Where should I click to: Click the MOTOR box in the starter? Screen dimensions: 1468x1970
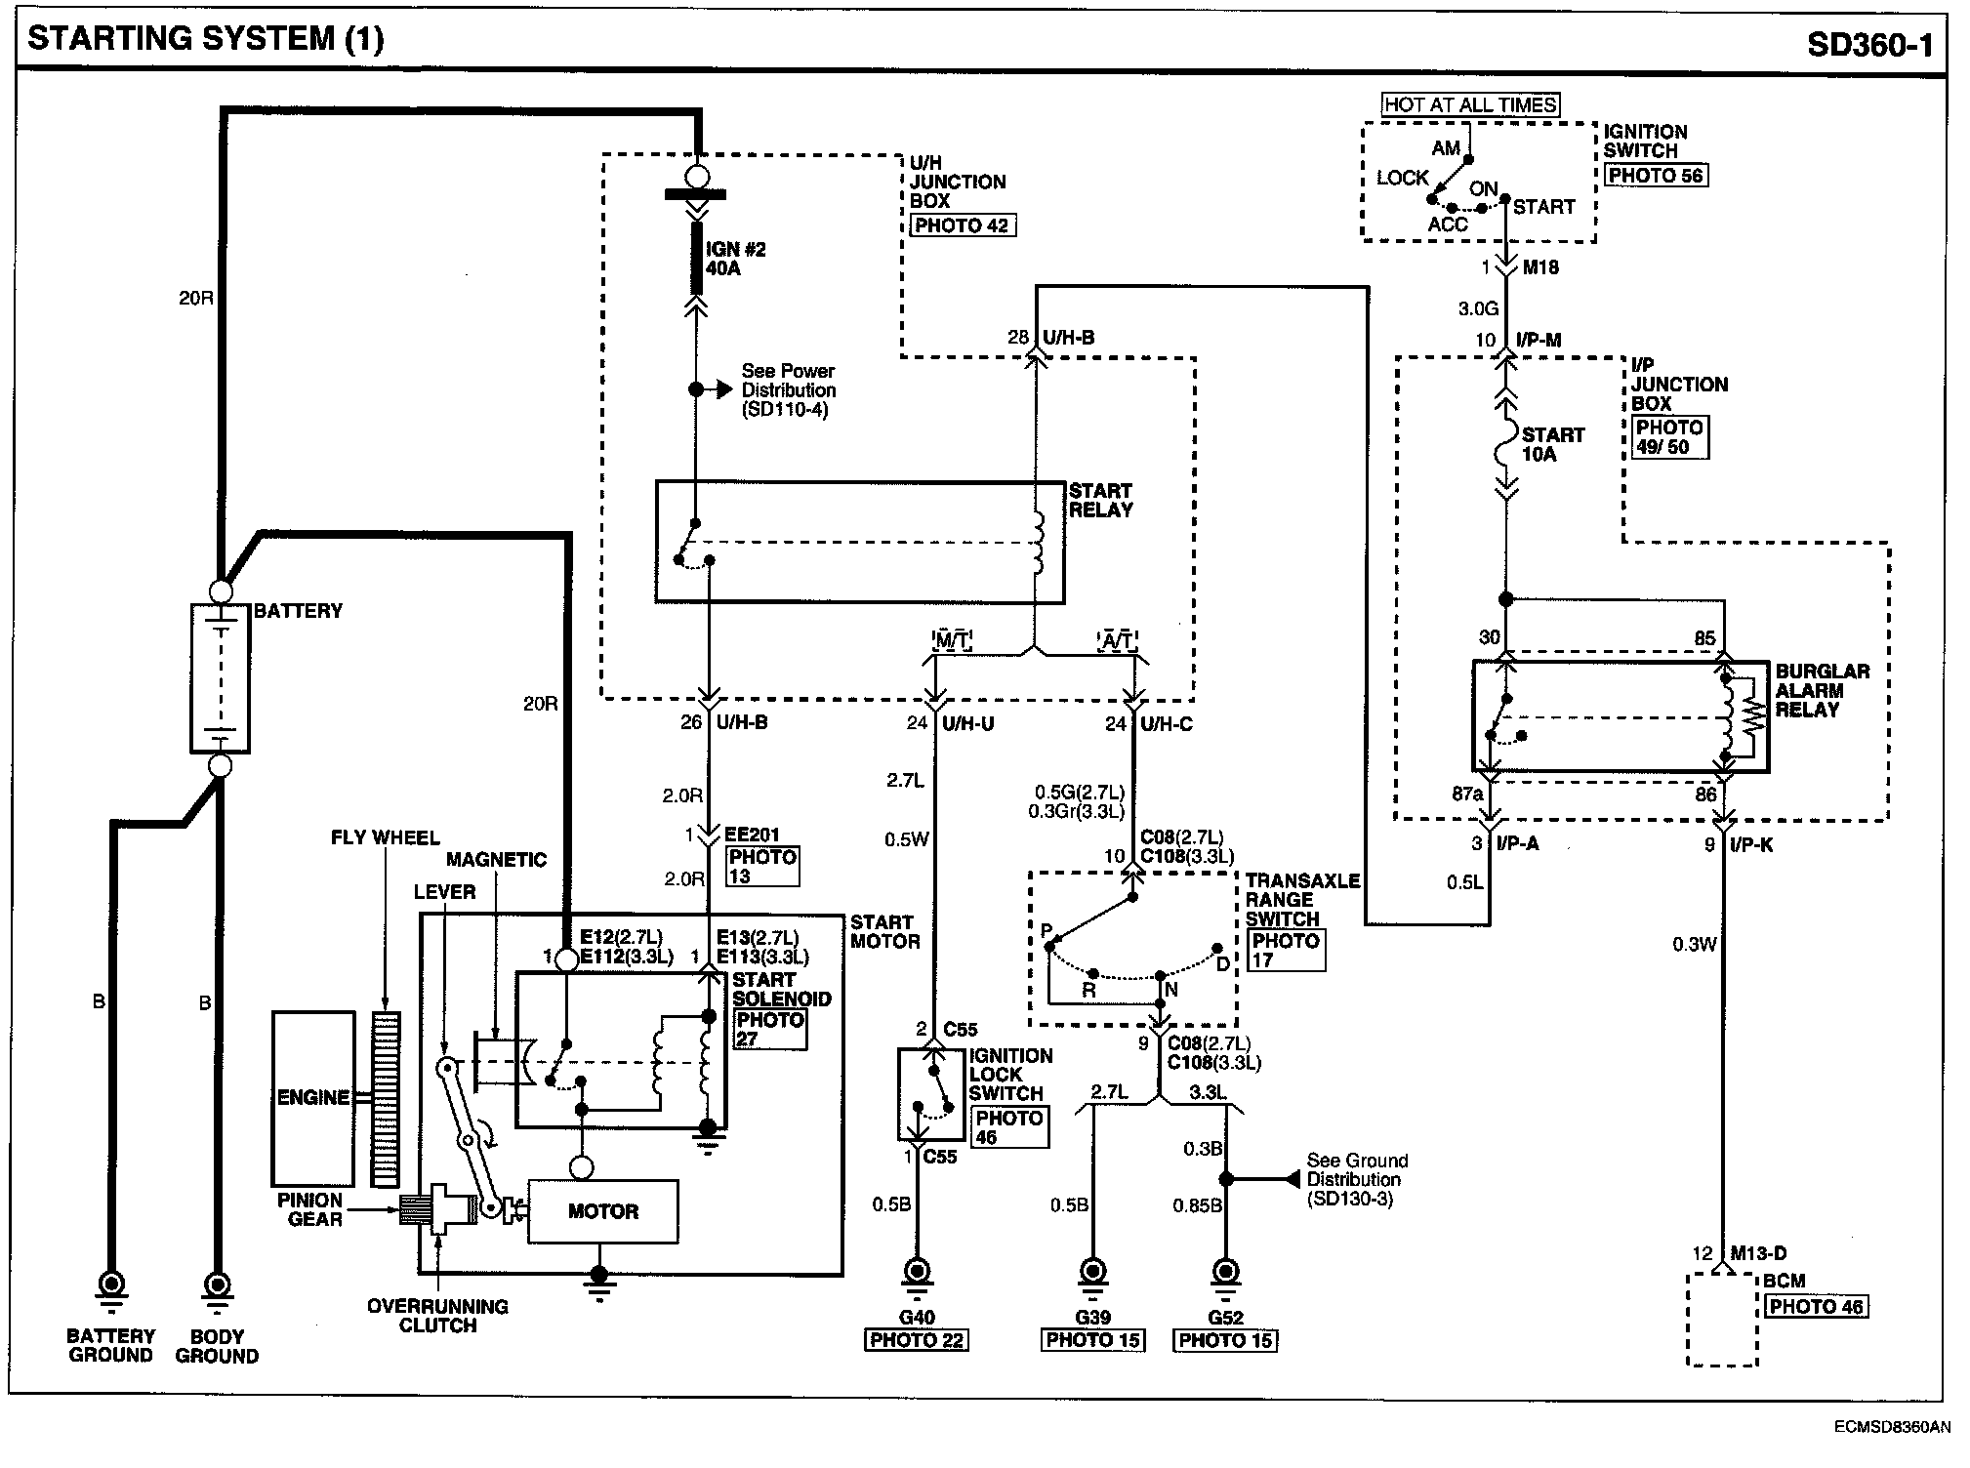pyautogui.click(x=602, y=1211)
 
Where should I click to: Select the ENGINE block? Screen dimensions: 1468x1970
pyautogui.click(x=312, y=1098)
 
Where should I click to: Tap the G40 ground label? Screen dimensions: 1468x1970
pyautogui.click(x=916, y=1318)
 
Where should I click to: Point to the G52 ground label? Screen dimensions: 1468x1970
pyautogui.click(x=1224, y=1318)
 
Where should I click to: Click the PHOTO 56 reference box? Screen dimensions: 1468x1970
pyautogui.click(x=1656, y=176)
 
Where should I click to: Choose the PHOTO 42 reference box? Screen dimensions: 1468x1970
pyautogui.click(x=963, y=225)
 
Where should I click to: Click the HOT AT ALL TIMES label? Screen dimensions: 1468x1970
pyautogui.click(x=1470, y=104)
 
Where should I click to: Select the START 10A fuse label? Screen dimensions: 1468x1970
pyautogui.click(x=1552, y=444)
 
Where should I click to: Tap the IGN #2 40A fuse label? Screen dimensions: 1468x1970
pyautogui.click(x=736, y=259)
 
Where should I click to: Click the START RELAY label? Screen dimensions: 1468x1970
pyautogui.click(x=1100, y=500)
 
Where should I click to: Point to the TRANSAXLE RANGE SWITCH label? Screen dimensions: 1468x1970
pyautogui.click(x=1302, y=900)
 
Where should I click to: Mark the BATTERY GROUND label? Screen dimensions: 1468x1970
pyautogui.click(x=110, y=1345)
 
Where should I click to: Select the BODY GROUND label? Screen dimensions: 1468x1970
pyautogui.click(x=217, y=1345)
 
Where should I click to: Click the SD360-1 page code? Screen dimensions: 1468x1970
pyautogui.click(x=1868, y=43)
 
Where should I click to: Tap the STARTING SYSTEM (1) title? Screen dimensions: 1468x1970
pyautogui.click(x=205, y=39)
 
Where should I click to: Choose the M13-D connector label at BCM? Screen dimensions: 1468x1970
pyautogui.click(x=1758, y=1253)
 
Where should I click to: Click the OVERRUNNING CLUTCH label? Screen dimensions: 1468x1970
pyautogui.click(x=437, y=1316)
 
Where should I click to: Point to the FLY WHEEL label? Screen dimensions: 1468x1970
pyautogui.click(x=385, y=837)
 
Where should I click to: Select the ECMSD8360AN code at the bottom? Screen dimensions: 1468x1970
pyautogui.click(x=1892, y=1427)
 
